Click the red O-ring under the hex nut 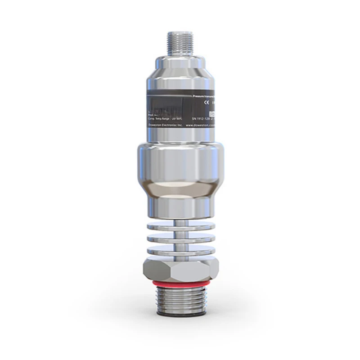180,283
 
